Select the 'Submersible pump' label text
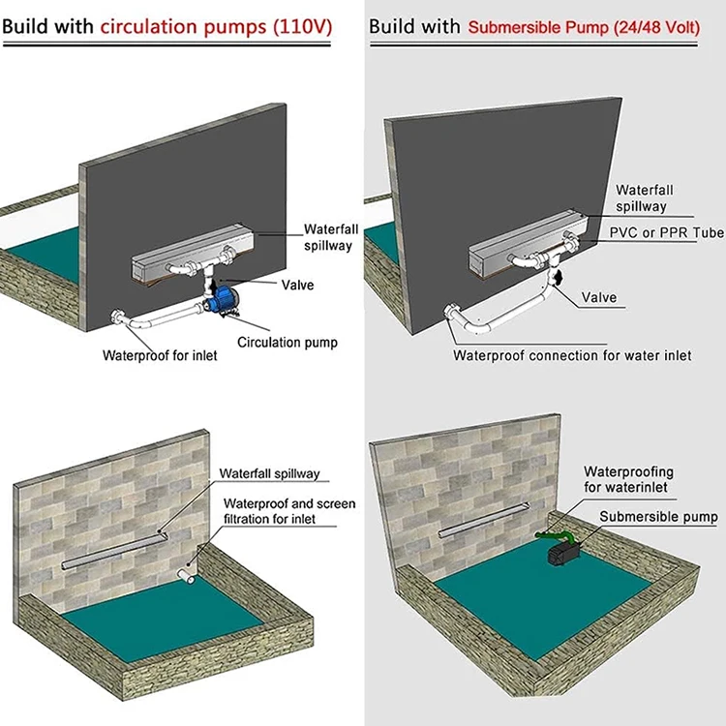[658, 517]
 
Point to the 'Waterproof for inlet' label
[160, 355]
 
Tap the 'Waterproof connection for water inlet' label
[572, 355]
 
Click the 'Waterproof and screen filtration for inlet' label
[289, 511]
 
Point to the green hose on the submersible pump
[551, 532]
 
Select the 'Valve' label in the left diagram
[297, 286]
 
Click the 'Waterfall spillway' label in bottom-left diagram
[269, 474]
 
